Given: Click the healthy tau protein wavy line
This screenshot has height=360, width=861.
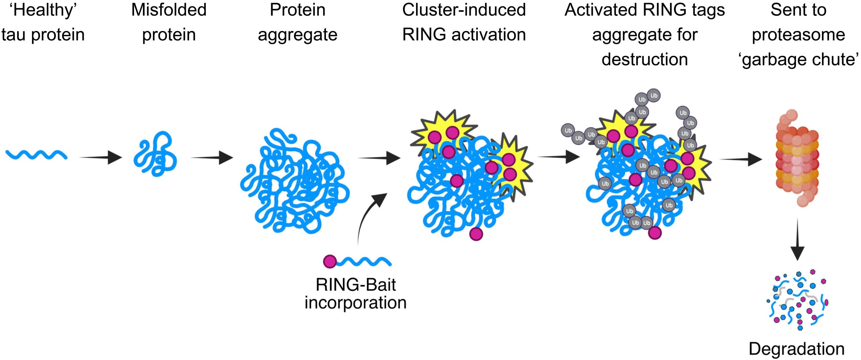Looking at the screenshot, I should coord(36,154).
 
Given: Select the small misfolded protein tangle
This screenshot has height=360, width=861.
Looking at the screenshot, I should coord(155,154).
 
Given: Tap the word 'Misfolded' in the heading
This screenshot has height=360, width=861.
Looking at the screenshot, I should coord(169,10).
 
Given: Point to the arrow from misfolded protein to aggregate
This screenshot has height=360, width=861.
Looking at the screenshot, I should coord(212,157).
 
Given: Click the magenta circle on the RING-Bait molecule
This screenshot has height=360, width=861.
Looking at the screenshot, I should coord(330,261).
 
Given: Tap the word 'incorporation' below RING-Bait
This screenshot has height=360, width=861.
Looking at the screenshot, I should coord(355,302).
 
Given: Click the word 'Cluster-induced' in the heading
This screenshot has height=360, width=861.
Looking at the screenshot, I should coord(464,10).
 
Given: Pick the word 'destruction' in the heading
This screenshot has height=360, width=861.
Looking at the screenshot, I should coord(644,60).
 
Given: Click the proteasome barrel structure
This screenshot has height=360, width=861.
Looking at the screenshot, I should coord(797,158).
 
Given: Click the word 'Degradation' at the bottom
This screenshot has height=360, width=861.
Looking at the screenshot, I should coord(796,349).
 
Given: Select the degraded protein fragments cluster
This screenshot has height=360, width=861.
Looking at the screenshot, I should coord(797,299).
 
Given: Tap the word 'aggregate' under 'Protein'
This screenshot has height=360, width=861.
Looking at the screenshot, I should coord(297,35).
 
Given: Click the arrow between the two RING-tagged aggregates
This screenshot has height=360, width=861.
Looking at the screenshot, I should coord(559,157).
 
